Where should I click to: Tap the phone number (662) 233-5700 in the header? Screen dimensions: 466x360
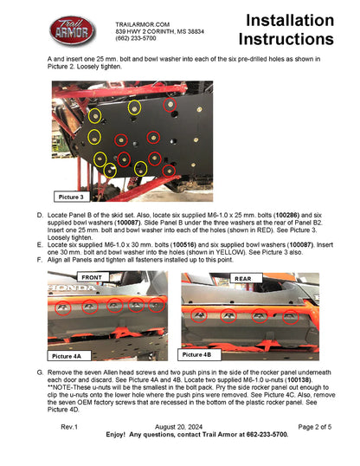point(136,39)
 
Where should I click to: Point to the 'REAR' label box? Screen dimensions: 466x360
point(242,277)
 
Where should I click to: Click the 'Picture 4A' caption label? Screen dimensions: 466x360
point(67,356)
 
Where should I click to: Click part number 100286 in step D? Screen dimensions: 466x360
point(289,213)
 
